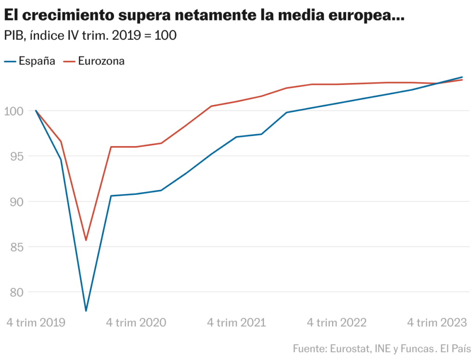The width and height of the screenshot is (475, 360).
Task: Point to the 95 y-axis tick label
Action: (17, 156)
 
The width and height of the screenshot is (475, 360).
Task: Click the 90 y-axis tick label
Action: (17, 202)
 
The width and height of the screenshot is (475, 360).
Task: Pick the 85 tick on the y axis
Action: (17, 247)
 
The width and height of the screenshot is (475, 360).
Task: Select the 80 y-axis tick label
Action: (17, 292)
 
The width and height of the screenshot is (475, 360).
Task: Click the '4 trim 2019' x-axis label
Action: (36, 323)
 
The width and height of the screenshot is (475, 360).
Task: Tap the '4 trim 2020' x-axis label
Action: (136, 323)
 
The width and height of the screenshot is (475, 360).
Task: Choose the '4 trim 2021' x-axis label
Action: (236, 323)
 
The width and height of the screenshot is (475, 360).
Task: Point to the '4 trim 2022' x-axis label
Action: (336, 323)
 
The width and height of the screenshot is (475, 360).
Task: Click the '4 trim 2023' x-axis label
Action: (436, 323)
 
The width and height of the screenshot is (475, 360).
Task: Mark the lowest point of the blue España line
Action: (86, 310)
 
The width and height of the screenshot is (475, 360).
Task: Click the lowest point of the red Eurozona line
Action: (86, 240)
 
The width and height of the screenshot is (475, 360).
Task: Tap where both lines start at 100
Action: (36, 111)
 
